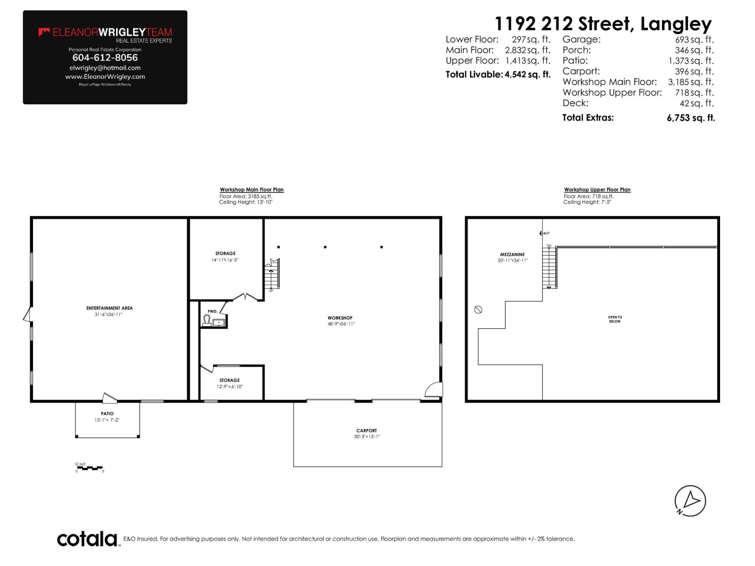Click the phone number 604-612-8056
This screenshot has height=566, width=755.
point(105,58)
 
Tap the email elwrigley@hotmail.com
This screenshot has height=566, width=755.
point(105,68)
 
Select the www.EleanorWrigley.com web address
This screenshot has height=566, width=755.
point(105,76)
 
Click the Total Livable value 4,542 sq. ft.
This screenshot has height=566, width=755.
point(527,75)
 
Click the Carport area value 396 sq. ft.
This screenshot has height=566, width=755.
point(694,71)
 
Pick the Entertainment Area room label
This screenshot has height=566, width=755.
point(109,308)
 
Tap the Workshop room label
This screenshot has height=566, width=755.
point(340,318)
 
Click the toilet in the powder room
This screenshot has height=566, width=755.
point(207,321)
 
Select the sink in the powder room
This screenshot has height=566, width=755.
point(219,323)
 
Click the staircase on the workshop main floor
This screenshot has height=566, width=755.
point(272,275)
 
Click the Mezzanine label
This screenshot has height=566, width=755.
point(512,255)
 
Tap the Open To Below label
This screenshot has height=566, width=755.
point(615,319)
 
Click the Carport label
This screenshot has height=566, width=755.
point(367,431)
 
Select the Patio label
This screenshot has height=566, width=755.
point(107,414)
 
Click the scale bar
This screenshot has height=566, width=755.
point(90,468)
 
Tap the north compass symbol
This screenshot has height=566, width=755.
point(690,500)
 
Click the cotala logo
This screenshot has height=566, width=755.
point(87,539)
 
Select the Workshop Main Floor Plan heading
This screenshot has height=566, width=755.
point(252,190)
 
